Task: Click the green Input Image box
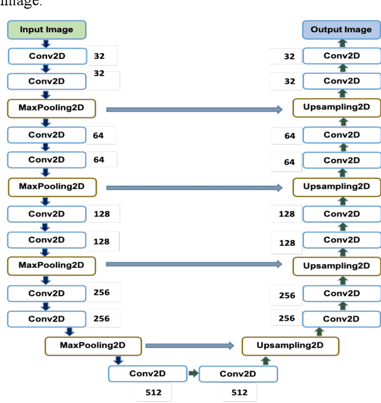pos(46,30)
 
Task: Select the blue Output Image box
pos(341,30)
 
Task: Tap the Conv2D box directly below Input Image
pos(46,56)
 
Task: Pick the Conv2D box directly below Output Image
pos(341,56)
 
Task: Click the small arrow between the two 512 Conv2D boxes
pos(193,374)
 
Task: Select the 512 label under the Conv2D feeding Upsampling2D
pos(239,392)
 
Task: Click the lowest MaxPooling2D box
pos(93,345)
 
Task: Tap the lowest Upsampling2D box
pos(290,345)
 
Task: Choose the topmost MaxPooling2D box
pos(51,108)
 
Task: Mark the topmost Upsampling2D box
pos(336,108)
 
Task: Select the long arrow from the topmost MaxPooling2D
pos(194,109)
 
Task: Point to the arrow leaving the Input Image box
pos(46,43)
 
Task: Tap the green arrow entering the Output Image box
pos(342,43)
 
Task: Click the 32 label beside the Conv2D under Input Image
pos(99,56)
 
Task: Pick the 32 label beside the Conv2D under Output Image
pos(289,57)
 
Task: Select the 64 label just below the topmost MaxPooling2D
pos(98,135)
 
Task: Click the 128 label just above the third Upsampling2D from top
pos(287,243)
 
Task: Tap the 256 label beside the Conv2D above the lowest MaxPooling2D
pos(102,318)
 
